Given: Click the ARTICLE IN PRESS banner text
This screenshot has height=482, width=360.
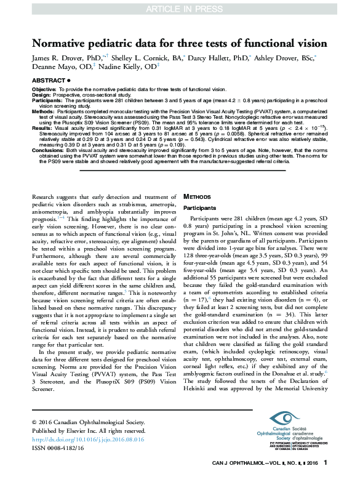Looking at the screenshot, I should tap(180, 9).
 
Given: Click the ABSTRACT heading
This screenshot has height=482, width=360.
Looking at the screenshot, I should tap(46, 81).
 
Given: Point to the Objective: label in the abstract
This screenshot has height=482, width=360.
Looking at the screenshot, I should tap(43, 90).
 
